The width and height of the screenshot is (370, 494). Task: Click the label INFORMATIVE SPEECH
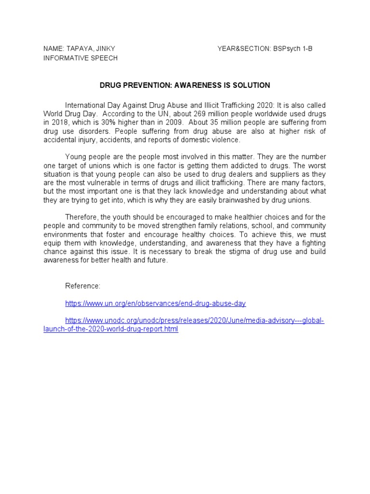[80, 58]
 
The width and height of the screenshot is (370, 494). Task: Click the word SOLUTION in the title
[250, 85]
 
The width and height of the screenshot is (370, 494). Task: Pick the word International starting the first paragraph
[85, 105]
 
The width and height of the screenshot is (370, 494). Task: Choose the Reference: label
[83, 286]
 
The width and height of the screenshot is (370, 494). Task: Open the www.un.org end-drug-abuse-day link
[156, 303]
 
